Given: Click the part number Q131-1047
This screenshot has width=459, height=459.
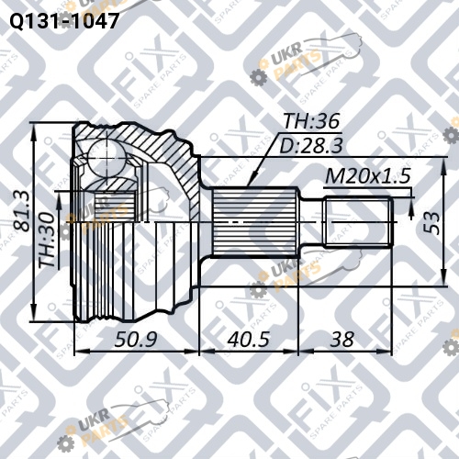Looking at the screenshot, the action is [64, 21].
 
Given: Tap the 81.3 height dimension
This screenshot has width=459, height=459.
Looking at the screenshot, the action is [22, 210].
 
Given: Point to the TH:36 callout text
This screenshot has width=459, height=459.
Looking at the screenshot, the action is [311, 121].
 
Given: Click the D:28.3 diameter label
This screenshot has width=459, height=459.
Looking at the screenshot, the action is [311, 146].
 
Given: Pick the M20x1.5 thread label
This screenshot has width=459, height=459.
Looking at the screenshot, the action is [367, 176].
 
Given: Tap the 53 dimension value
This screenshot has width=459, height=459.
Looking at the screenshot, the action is [433, 222].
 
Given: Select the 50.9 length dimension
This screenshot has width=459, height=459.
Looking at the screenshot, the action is [136, 340].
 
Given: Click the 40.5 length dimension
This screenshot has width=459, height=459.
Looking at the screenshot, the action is [249, 340].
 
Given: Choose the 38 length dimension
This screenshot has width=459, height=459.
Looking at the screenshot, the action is [341, 340].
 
